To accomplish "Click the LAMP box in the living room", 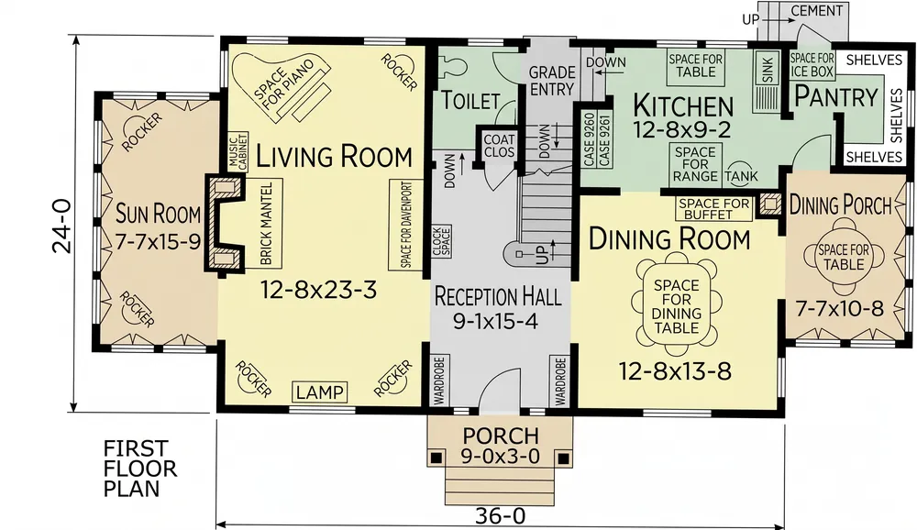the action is [319, 392].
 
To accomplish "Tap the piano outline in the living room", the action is [281, 88].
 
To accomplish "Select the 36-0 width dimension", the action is [500, 516].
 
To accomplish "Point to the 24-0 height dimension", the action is [62, 226].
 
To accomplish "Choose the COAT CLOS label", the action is [499, 146].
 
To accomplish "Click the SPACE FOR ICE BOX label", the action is [812, 65].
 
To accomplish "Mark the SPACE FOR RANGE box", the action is [695, 164].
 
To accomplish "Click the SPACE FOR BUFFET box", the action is [714, 209].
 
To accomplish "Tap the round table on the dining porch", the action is [844, 257].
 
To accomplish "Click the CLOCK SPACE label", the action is [441, 241].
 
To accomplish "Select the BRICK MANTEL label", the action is [266, 223].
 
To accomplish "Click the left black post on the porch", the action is [436, 458].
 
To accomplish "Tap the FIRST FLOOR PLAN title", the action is [139, 469].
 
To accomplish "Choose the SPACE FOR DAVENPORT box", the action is [406, 225].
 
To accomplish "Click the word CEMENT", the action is [817, 10].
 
